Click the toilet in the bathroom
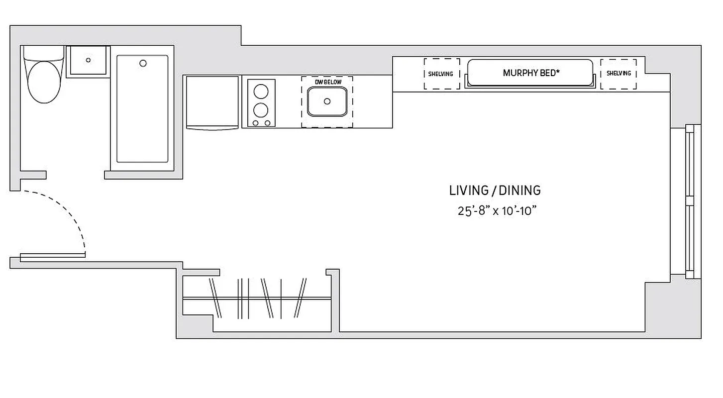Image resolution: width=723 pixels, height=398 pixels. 44,80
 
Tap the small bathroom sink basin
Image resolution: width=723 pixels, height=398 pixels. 88,60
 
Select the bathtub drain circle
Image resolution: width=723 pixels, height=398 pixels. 143,63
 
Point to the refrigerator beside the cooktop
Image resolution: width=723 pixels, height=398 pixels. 212,101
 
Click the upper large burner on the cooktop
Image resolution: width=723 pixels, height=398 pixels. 261,92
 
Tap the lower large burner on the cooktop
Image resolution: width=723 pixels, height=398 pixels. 261,109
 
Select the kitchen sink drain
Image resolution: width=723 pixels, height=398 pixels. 327,101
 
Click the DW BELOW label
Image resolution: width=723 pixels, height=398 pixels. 327,82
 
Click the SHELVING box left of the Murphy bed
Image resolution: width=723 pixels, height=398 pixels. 441,74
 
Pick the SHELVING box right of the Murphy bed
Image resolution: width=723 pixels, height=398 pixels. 618,74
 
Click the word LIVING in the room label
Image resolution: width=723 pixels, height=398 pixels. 468,191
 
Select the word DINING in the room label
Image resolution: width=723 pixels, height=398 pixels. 520,191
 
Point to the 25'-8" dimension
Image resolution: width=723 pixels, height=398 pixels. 474,211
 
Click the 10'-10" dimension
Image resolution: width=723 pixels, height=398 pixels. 520,211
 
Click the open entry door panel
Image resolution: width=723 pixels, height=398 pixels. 52,256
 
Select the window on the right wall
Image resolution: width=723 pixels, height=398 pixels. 689,201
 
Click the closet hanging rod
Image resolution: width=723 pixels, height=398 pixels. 256,298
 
